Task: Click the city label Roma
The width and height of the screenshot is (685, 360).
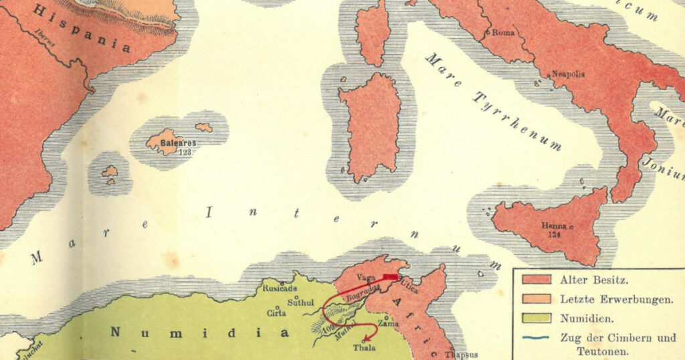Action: coord(504,31)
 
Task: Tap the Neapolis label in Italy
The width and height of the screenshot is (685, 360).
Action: coord(568,74)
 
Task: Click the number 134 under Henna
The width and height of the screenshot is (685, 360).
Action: coord(555,235)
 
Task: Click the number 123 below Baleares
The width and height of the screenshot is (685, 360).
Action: coord(185,152)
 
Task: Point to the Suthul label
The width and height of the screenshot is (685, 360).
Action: coord(300,302)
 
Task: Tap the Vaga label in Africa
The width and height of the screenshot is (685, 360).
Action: coord(366,277)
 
